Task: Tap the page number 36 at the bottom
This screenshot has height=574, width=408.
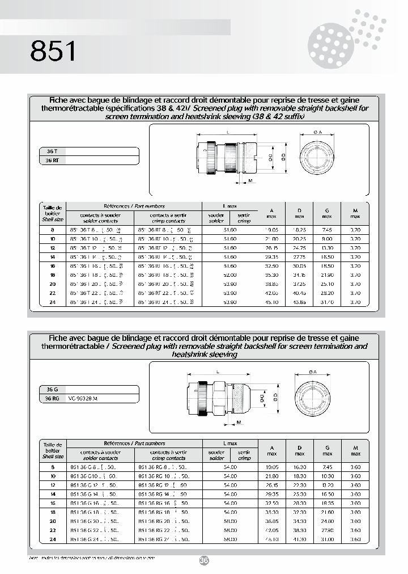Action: [204, 560]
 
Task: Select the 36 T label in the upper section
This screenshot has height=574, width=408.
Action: [52, 151]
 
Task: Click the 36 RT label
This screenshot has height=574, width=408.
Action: [52, 161]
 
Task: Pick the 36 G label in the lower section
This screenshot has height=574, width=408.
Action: [52, 390]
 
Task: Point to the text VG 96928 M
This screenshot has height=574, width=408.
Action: [83, 399]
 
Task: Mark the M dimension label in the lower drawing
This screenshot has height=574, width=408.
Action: [239, 423]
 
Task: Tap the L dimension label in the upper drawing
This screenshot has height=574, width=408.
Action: [227, 132]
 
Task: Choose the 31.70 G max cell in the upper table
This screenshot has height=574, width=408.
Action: [327, 302]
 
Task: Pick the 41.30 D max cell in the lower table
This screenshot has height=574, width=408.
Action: [299, 539]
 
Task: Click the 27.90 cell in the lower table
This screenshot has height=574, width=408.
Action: [327, 530]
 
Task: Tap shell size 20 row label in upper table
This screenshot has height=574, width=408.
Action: [53, 284]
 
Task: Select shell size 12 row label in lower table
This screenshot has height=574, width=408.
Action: [53, 486]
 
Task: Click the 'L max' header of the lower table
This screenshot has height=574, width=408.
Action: [229, 444]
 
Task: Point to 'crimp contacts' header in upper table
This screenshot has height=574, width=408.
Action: [168, 221]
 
